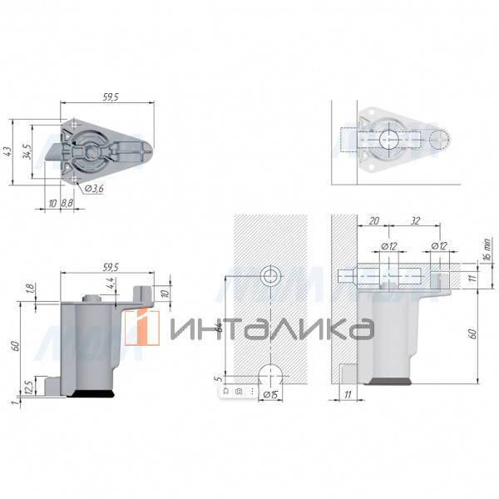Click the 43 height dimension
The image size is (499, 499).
[8, 152]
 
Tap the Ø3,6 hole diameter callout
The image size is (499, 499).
[94, 189]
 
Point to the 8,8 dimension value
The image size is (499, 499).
[67, 203]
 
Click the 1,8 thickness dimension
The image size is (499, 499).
[31, 289]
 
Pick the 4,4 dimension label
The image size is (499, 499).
[110, 284]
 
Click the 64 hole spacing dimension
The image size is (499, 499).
[219, 327]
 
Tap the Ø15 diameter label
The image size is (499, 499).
[271, 395]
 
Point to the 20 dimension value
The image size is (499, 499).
[374, 221]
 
